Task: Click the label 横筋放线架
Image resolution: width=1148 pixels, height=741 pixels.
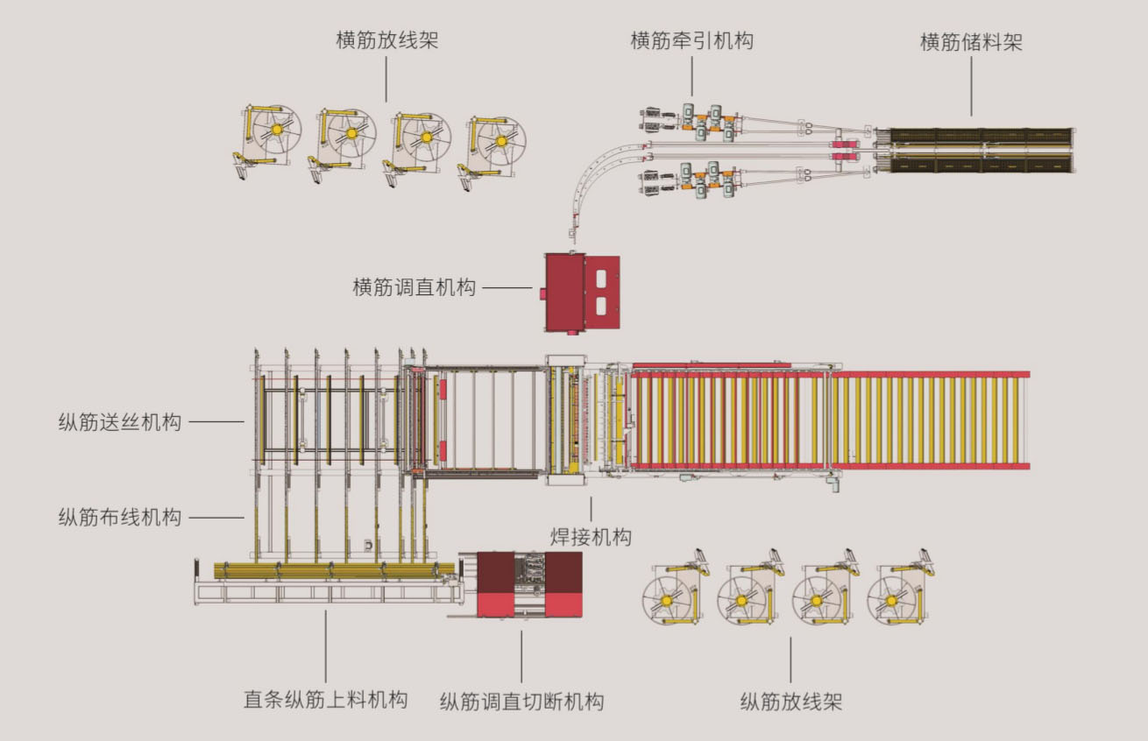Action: pyautogui.click(x=386, y=40)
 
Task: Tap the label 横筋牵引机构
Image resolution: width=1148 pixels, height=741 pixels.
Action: pyautogui.click(x=691, y=40)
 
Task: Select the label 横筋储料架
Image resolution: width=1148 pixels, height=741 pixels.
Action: pyautogui.click(x=971, y=42)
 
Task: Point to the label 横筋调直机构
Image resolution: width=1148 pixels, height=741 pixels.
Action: pyautogui.click(x=415, y=287)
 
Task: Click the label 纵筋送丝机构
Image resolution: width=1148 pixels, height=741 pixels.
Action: pyautogui.click(x=120, y=422)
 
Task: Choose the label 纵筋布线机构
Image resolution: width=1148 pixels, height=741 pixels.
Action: pyautogui.click(x=120, y=517)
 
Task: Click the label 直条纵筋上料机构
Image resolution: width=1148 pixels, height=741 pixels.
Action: pyautogui.click(x=325, y=700)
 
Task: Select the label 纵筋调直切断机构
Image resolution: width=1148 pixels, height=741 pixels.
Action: pyautogui.click(x=521, y=702)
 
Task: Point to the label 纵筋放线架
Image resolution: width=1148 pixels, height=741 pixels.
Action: pyautogui.click(x=790, y=702)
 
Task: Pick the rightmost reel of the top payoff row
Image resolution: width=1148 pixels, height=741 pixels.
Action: pyautogui.click(x=500, y=140)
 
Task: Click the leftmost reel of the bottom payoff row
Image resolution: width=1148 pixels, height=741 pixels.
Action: pyautogui.click(x=670, y=599)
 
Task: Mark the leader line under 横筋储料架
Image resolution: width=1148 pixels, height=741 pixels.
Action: pyautogui.click(x=971, y=88)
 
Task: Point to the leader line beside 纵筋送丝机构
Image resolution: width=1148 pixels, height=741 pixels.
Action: pyautogui.click(x=216, y=422)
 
